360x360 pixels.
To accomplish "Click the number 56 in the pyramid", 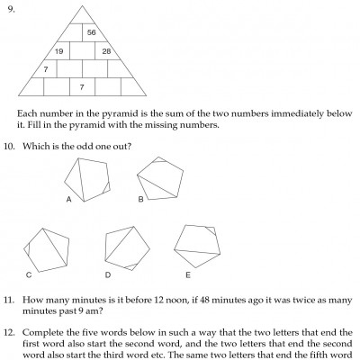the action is click(x=92, y=32).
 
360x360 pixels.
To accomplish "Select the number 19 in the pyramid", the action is click(x=58, y=51).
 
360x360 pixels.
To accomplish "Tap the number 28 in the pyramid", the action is click(x=106, y=51).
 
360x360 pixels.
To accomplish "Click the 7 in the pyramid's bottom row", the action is click(x=82, y=86).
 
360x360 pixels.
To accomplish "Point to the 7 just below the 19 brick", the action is click(x=45, y=68).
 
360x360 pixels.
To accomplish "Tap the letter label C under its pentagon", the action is click(x=30, y=274).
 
